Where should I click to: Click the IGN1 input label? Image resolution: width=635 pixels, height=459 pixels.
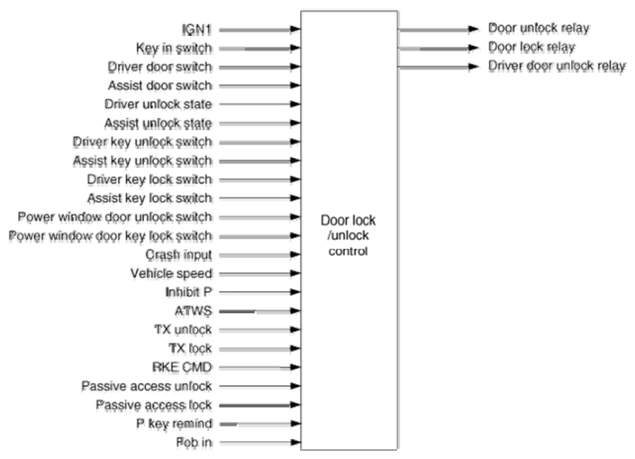pyautogui.click(x=197, y=30)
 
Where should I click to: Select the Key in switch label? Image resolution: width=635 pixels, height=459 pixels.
pyautogui.click(x=174, y=49)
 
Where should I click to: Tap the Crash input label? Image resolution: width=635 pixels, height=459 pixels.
pyautogui.click(x=178, y=254)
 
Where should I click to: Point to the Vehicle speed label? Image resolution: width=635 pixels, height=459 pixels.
pyautogui.click(x=171, y=274)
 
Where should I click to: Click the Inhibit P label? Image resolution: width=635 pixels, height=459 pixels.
pyautogui.click(x=189, y=292)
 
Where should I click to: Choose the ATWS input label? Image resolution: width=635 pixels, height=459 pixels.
pyautogui.click(x=193, y=311)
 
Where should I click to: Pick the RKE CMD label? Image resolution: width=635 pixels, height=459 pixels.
pyautogui.click(x=182, y=367)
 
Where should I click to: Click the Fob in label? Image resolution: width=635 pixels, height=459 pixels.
pyautogui.click(x=194, y=443)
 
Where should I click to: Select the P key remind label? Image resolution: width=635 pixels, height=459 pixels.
pyautogui.click(x=174, y=424)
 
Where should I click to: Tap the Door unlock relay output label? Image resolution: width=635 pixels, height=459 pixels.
pyautogui.click(x=539, y=28)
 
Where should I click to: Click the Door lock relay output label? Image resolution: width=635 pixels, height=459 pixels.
pyautogui.click(x=531, y=47)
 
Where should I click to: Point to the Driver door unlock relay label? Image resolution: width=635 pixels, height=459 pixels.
pyautogui.click(x=557, y=66)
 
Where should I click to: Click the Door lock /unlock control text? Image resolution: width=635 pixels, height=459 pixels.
pyautogui.click(x=349, y=235)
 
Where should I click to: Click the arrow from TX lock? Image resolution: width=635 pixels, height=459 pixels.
pyautogui.click(x=259, y=349)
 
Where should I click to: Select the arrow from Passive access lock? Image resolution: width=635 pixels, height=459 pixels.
pyautogui.click(x=259, y=405)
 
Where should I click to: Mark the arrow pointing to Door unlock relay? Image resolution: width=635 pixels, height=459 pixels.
pyautogui.click(x=439, y=29)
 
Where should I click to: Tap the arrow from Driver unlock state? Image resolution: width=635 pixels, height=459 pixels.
pyautogui.click(x=259, y=105)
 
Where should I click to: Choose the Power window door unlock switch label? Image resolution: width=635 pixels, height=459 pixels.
pyautogui.click(x=114, y=217)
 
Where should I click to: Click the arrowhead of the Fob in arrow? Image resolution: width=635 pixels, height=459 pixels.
pyautogui.click(x=295, y=443)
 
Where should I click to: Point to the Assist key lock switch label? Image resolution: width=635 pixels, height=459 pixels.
pyautogui.click(x=150, y=198)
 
